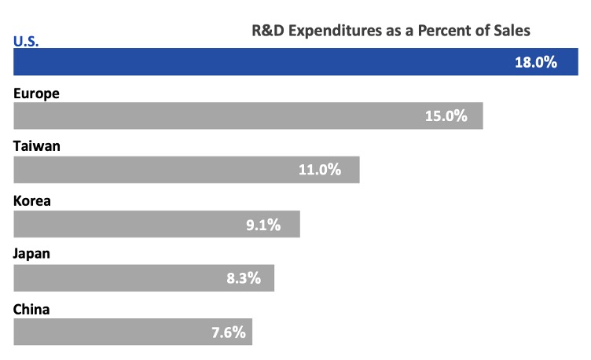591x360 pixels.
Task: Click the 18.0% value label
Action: (535, 62)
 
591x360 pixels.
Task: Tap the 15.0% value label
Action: (446, 116)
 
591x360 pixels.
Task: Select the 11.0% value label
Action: (320, 170)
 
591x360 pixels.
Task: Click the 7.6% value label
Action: (229, 332)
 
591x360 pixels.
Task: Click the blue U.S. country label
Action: (27, 40)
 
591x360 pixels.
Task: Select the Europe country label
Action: (37, 93)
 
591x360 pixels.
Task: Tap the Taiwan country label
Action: (37, 146)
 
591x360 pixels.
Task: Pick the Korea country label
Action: (32, 200)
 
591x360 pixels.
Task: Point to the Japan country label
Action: (32, 255)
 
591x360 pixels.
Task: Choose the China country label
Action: (31, 309)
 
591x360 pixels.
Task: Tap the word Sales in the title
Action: (512, 31)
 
